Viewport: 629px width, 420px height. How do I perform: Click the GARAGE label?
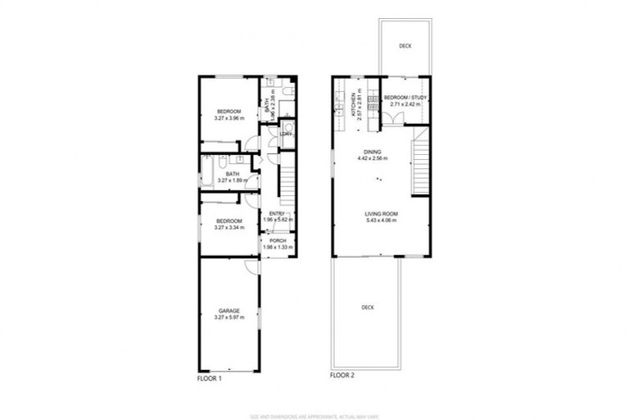pyautogui.click(x=229, y=310)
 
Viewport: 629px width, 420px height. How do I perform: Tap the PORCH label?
pyautogui.click(x=278, y=240)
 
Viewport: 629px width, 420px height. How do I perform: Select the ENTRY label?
pyautogui.click(x=277, y=215)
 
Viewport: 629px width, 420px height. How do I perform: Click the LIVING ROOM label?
pyautogui.click(x=381, y=214)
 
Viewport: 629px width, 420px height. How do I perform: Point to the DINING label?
pyautogui.click(x=373, y=153)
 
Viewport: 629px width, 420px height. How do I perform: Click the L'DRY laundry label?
pyautogui.click(x=287, y=134)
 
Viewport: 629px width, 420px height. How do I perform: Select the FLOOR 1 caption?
pyautogui.click(x=210, y=378)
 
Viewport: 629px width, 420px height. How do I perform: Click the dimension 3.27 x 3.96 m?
pyautogui.click(x=229, y=118)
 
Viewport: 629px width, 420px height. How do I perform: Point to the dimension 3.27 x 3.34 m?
pyautogui.click(x=229, y=227)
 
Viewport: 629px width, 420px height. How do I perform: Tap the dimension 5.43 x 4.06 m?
pyautogui.click(x=381, y=221)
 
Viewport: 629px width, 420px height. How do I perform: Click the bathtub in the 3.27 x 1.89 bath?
pyautogui.click(x=206, y=173)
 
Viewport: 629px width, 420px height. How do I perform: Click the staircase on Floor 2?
pyautogui.click(x=420, y=167)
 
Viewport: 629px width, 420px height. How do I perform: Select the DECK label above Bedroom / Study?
pyautogui.click(x=405, y=47)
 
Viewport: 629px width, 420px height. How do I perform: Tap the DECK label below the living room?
pyautogui.click(x=367, y=308)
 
